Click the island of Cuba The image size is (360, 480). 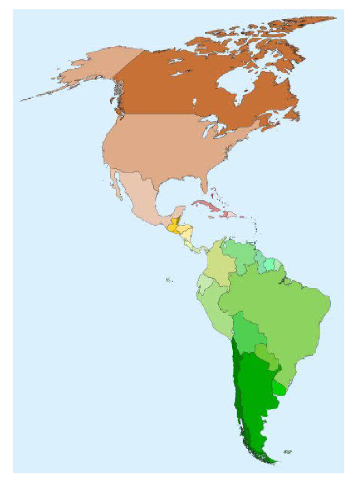[x=206, y=206]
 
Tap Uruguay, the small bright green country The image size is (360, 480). [x=279, y=388]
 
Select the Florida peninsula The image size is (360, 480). [x=204, y=185]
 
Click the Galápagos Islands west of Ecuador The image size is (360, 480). [x=169, y=280]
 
